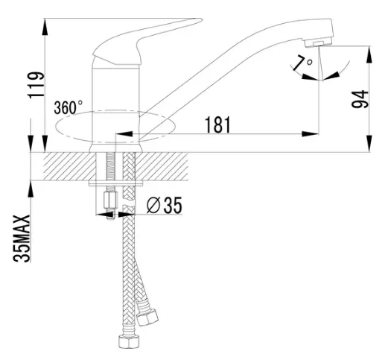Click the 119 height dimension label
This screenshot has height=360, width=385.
pyautogui.click(x=36, y=85)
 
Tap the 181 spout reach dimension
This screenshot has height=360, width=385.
pyautogui.click(x=217, y=124)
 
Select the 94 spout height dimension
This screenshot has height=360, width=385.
pyautogui.click(x=360, y=99)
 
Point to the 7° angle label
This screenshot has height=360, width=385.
pyautogui.click(x=302, y=63)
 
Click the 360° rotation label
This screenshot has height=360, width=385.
pyautogui.click(x=69, y=107)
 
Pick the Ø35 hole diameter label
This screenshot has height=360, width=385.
pyautogui.click(x=164, y=205)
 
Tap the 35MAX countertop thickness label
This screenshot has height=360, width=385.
pyautogui.click(x=22, y=238)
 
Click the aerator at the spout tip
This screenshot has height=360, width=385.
pyautogui.click(x=319, y=43)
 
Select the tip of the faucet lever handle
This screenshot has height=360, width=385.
pyautogui.click(x=202, y=19)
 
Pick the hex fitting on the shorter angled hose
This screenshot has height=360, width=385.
pyautogui.click(x=147, y=317)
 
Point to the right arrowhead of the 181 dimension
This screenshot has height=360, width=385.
pyautogui.click(x=310, y=134)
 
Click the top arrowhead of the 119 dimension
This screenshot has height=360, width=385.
pyautogui.click(x=45, y=27)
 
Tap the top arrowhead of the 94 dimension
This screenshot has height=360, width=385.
pyautogui.click(x=369, y=54)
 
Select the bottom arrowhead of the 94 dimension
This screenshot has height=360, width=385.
pyautogui.click(x=369, y=143)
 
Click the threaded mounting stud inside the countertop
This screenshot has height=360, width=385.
pyautogui.click(x=110, y=166)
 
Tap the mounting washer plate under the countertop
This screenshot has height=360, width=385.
pyautogui.click(x=116, y=183)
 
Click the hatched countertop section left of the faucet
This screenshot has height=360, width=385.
pyautogui.click(x=69, y=166)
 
